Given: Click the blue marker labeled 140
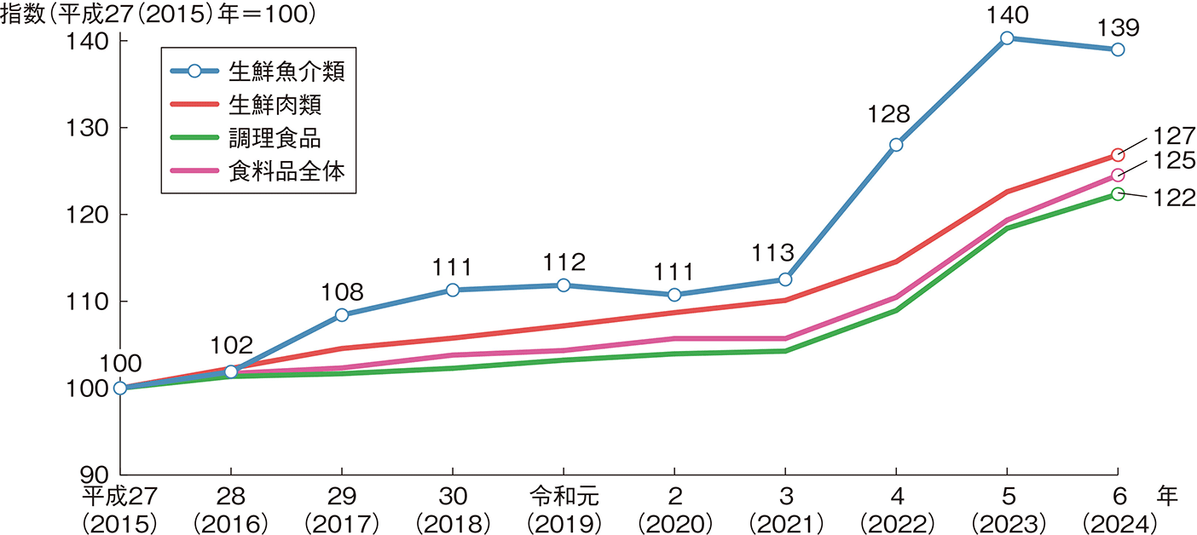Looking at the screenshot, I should [x=1007, y=37].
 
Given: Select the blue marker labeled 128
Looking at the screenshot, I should [x=896, y=145].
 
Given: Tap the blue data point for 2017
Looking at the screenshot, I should [x=342, y=315].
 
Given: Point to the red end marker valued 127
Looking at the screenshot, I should [x=1118, y=155].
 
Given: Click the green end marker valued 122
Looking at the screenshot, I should [x=1118, y=194].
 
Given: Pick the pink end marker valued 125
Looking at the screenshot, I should [x=1118, y=175].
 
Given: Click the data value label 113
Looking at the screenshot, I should [x=773, y=253].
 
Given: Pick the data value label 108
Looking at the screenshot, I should [x=342, y=292].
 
